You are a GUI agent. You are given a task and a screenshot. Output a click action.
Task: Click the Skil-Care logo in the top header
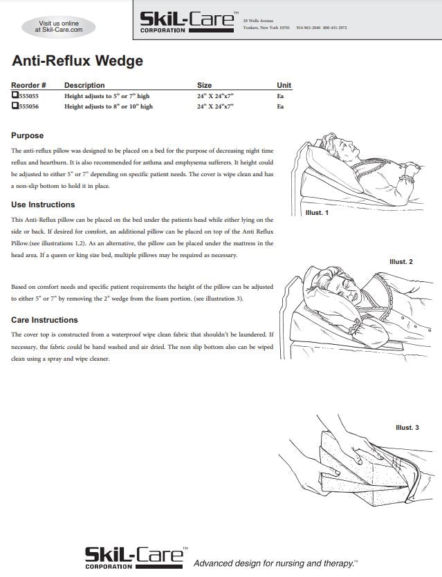(x=187, y=22)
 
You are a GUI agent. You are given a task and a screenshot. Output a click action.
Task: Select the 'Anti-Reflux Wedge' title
(x=77, y=61)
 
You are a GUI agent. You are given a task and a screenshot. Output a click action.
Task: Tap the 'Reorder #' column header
(x=28, y=85)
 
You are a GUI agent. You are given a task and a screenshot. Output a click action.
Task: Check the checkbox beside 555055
(x=15, y=96)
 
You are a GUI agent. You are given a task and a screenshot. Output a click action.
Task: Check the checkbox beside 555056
(x=15, y=106)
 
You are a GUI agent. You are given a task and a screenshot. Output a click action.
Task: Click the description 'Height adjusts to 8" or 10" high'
(x=108, y=107)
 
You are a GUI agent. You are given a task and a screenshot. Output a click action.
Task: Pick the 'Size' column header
(x=204, y=85)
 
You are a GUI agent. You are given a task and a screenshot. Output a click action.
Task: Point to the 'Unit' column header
(x=284, y=85)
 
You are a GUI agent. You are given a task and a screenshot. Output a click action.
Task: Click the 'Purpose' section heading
(x=28, y=135)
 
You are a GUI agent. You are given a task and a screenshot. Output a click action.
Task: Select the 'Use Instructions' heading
(x=43, y=205)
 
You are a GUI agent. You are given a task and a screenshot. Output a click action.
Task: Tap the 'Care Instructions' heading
(x=44, y=320)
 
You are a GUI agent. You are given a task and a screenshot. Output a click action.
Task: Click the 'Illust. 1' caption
(x=317, y=213)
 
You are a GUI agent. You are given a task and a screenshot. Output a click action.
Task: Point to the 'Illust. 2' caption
(x=400, y=262)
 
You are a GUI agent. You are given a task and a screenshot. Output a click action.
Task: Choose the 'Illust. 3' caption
(x=407, y=428)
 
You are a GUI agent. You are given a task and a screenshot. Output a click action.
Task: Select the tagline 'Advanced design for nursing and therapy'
(x=275, y=563)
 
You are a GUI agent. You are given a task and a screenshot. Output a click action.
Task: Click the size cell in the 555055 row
(x=215, y=97)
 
